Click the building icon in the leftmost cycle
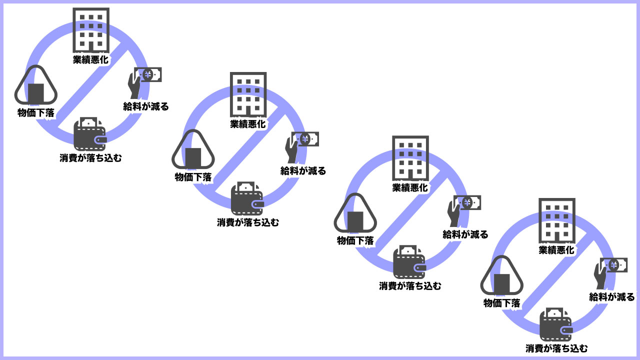click(91, 29)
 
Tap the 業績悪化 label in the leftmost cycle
click(91, 59)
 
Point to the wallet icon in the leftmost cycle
click(90, 134)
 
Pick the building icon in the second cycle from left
click(248, 94)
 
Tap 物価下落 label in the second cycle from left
click(193, 177)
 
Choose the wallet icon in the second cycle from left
click(247, 199)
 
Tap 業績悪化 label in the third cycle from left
click(410, 188)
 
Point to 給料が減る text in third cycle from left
click(465, 234)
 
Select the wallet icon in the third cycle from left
click(409, 262)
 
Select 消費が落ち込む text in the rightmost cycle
click(556, 348)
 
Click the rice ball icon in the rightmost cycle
click(501, 277)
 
